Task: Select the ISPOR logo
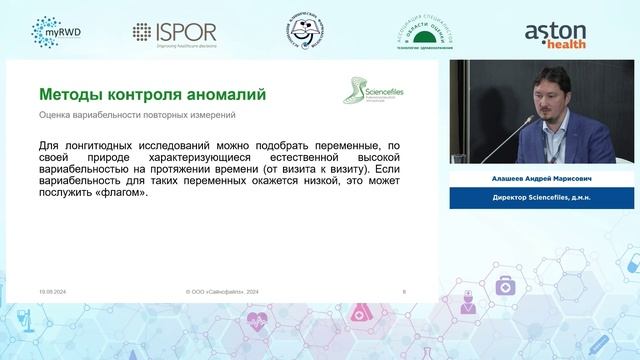174,32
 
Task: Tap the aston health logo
563,32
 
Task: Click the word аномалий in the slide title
223,95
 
